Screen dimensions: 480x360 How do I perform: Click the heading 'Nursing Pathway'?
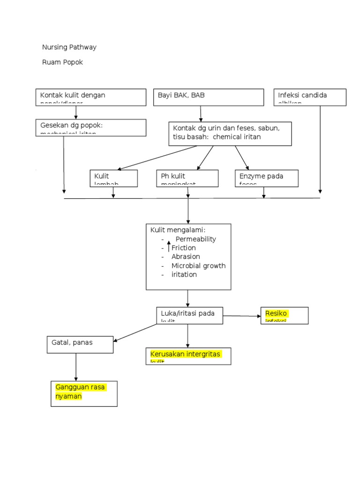(x=69, y=47)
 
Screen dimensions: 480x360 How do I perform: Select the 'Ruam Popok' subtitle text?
(x=62, y=62)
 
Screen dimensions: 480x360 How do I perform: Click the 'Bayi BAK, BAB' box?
(x=209, y=97)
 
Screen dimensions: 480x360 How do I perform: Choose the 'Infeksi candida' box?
(x=310, y=97)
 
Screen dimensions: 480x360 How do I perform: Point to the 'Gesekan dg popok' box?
(x=91, y=127)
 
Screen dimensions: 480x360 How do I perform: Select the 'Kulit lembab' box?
(x=113, y=178)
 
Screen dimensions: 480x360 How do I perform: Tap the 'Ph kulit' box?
(x=187, y=178)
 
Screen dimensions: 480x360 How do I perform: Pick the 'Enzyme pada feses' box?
(x=266, y=178)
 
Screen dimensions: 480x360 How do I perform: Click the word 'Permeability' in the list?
(x=195, y=239)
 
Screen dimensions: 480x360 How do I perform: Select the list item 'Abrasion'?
(x=186, y=257)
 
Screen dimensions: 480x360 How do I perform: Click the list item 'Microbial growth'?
(x=198, y=266)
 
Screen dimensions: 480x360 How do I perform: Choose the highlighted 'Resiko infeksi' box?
(x=285, y=315)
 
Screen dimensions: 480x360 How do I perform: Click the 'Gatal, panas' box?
(x=80, y=345)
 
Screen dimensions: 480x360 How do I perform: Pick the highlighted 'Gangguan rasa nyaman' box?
(x=84, y=393)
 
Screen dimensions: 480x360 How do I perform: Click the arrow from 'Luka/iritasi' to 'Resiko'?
(x=241, y=316)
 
